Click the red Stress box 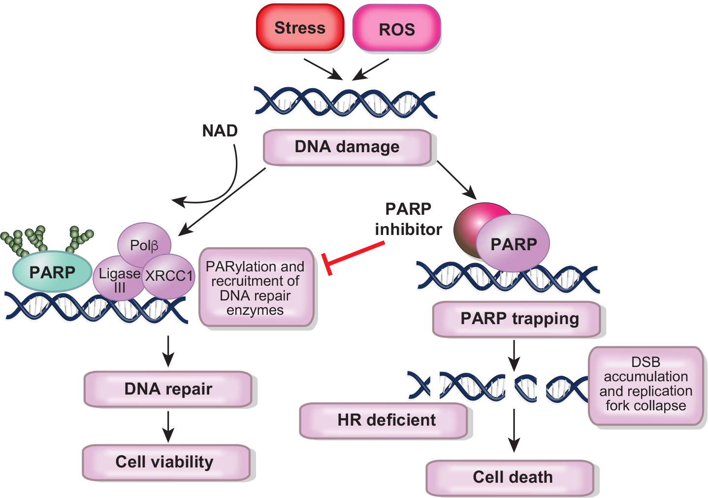click(299, 28)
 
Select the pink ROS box click(396, 29)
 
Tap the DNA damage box click(347, 147)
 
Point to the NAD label click(220, 131)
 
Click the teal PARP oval click(52, 272)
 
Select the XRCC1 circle click(169, 276)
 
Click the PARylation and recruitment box click(256, 288)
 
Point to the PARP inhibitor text click(408, 219)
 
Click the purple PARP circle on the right click(513, 243)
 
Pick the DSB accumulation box click(645, 384)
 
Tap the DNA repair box click(168, 389)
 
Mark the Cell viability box click(166, 462)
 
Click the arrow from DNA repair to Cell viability click(168, 427)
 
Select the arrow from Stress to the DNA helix click(323, 69)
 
